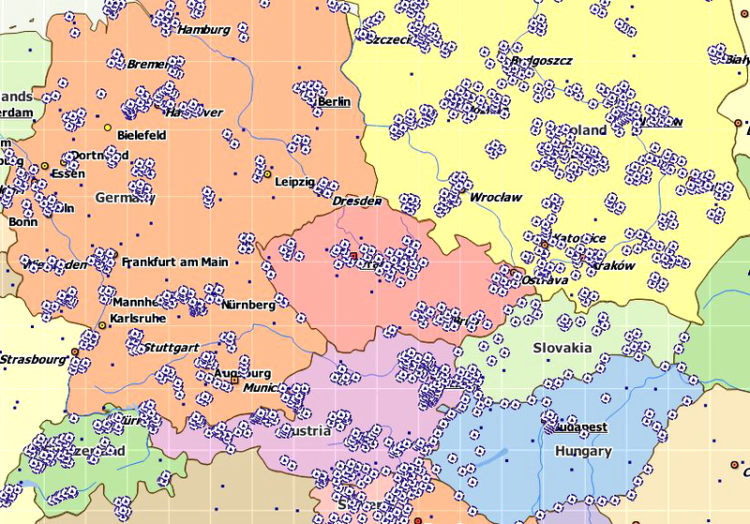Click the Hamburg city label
point(203,29)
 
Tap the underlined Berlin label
point(334,101)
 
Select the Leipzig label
point(296,182)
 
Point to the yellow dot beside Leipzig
point(267,174)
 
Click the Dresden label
point(357,201)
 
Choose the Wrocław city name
point(496,198)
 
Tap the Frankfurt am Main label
point(174,262)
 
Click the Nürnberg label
point(248,304)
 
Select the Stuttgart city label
point(172,347)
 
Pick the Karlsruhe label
point(138,319)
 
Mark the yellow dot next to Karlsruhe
point(102,325)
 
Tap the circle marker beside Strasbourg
point(75,352)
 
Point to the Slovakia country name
point(562,348)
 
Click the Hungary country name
point(583,451)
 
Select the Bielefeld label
point(142,135)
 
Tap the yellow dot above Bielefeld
point(108,127)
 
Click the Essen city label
point(67,173)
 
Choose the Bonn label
point(23,222)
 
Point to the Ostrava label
point(545,279)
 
